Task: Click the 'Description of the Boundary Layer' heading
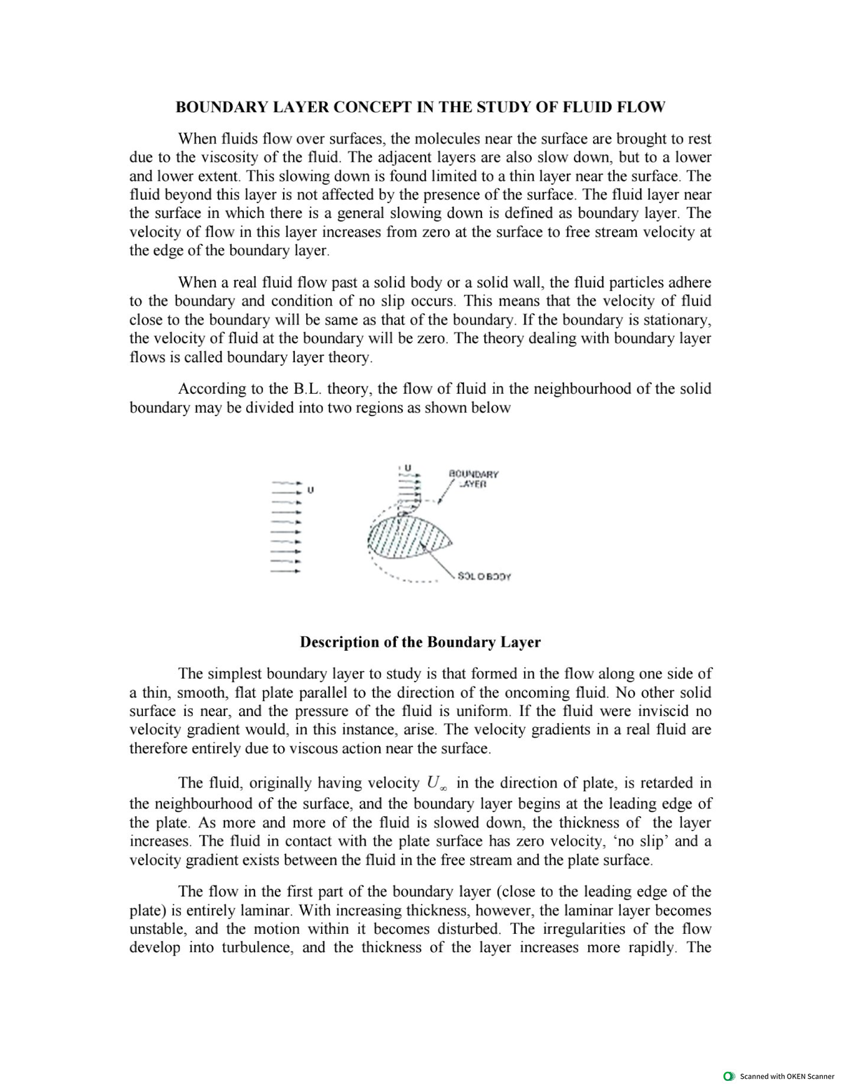(420, 642)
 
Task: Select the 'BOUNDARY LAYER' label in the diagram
(473, 478)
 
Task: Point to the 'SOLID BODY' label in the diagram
(484, 577)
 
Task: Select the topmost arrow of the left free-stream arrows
(287, 483)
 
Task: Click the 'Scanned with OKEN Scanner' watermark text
(787, 1076)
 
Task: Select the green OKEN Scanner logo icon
(730, 1076)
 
